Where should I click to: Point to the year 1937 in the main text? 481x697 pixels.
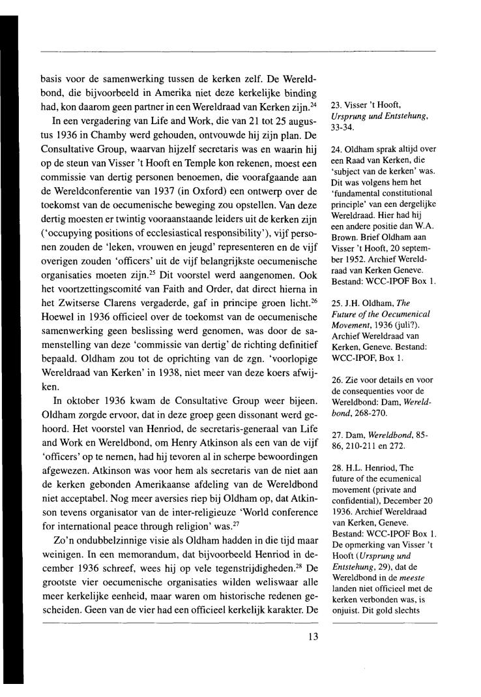pos(182,172)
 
